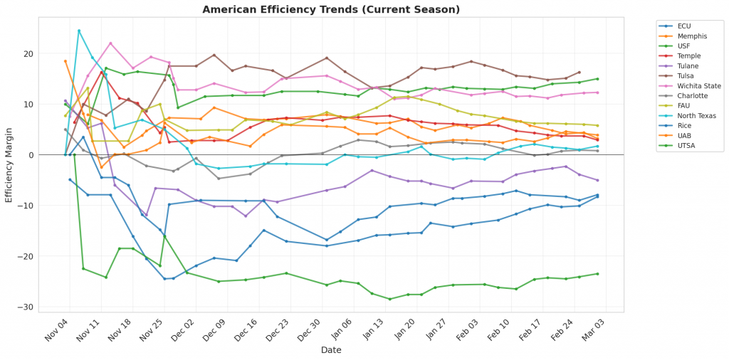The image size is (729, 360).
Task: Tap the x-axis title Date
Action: pos(330,350)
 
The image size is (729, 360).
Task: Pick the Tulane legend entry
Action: pos(687,65)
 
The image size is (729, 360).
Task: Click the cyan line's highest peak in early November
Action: pos(79,31)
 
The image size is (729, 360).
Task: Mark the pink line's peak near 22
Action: pos(110,43)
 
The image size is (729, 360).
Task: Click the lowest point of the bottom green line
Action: pos(389,299)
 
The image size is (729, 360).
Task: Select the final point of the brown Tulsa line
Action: pos(579,73)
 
